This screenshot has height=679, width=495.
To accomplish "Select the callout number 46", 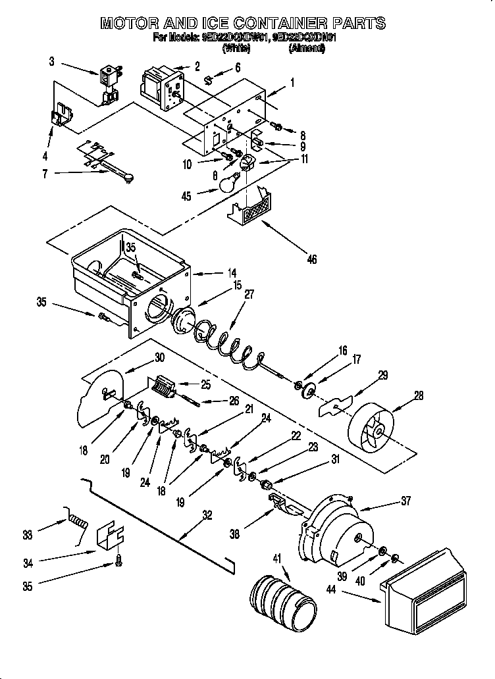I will tap(311, 260).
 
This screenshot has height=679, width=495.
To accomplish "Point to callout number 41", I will tap(276, 559).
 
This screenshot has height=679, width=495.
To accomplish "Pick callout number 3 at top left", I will tap(52, 62).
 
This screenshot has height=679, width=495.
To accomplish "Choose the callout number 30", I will tap(159, 358).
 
